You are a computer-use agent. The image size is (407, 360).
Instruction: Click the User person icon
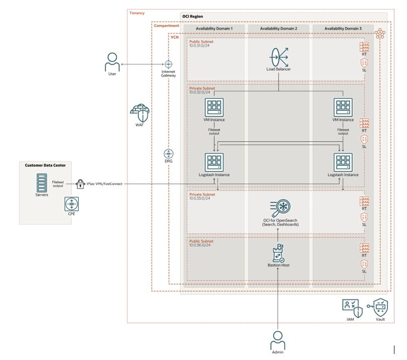pos(112,63)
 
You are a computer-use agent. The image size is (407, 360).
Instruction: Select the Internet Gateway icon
pos(169,65)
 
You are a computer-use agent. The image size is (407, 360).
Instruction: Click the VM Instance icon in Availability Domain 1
pos(214,107)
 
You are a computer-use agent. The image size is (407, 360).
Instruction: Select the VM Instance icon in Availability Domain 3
pos(343,107)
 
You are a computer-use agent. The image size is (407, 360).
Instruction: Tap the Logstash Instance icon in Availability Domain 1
pos(214,162)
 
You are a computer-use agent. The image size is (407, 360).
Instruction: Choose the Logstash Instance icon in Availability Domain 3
pos(343,162)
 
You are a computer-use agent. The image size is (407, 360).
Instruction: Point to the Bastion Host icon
pos(279,254)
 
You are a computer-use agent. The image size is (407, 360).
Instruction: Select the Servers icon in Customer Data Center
pos(42,183)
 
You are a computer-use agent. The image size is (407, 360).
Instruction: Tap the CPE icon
pos(71,204)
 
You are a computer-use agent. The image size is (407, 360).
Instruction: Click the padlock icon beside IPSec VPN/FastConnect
pos(80,184)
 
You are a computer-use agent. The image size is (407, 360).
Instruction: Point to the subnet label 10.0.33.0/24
pos(201,199)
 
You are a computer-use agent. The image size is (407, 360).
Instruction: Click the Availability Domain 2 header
pos(279,29)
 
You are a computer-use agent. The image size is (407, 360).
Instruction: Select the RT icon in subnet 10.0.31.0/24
pos(364,47)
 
